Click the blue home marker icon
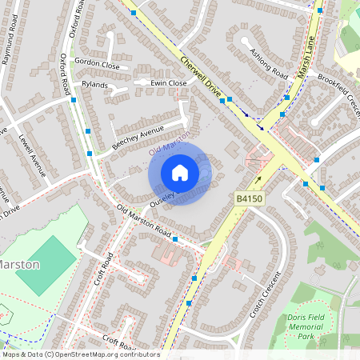[x=180, y=173]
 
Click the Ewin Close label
[x=168, y=82]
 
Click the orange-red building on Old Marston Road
[x=171, y=255]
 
